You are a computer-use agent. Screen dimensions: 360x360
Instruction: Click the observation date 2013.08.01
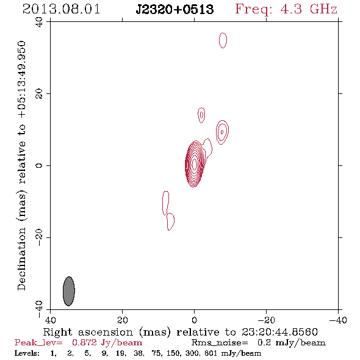pos(61,9)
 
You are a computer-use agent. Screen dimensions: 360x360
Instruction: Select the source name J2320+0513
pos(175,9)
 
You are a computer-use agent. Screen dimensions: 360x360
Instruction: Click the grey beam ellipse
pos(69,291)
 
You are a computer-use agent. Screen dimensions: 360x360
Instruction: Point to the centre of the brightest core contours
pos(194,164)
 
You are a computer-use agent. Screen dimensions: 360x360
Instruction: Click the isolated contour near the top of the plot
pos(223,40)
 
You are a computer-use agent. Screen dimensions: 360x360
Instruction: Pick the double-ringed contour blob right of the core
pos(222,132)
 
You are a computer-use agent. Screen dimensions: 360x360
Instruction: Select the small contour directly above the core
pos(201,115)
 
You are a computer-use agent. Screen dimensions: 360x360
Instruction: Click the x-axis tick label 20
pos(123,320)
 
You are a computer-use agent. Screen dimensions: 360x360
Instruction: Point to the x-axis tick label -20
pos(266,320)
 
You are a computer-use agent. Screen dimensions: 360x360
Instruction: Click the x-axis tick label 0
pos(194,320)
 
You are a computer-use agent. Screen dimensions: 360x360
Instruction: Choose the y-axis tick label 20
pos(39,94)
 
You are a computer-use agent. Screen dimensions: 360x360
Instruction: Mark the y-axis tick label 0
pos(39,165)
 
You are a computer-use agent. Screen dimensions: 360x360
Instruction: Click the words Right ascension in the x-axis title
pos(88,332)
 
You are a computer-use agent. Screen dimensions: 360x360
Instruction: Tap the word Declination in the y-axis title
pos(21,259)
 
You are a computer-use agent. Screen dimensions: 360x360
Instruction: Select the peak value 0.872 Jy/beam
pos(107,343)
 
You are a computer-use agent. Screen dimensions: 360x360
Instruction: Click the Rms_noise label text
pos(220,343)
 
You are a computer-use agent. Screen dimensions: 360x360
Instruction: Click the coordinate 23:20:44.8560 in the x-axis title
pos(279,332)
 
